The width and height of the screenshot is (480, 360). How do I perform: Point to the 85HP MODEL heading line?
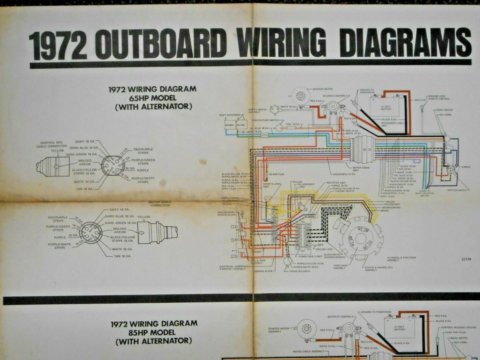[154, 332]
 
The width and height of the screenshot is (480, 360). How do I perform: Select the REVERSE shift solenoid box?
[230, 124]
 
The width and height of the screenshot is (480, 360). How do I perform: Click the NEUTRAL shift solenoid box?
[241, 124]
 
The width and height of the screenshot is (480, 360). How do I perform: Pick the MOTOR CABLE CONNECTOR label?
[159, 204]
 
